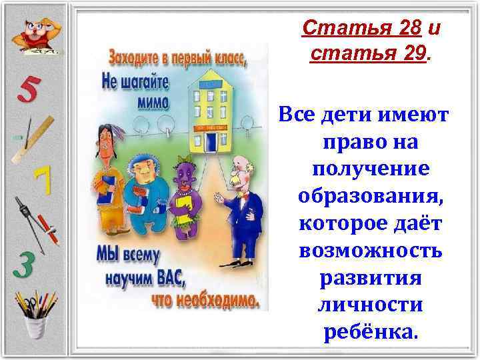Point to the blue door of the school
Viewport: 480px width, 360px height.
pos(211,141)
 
